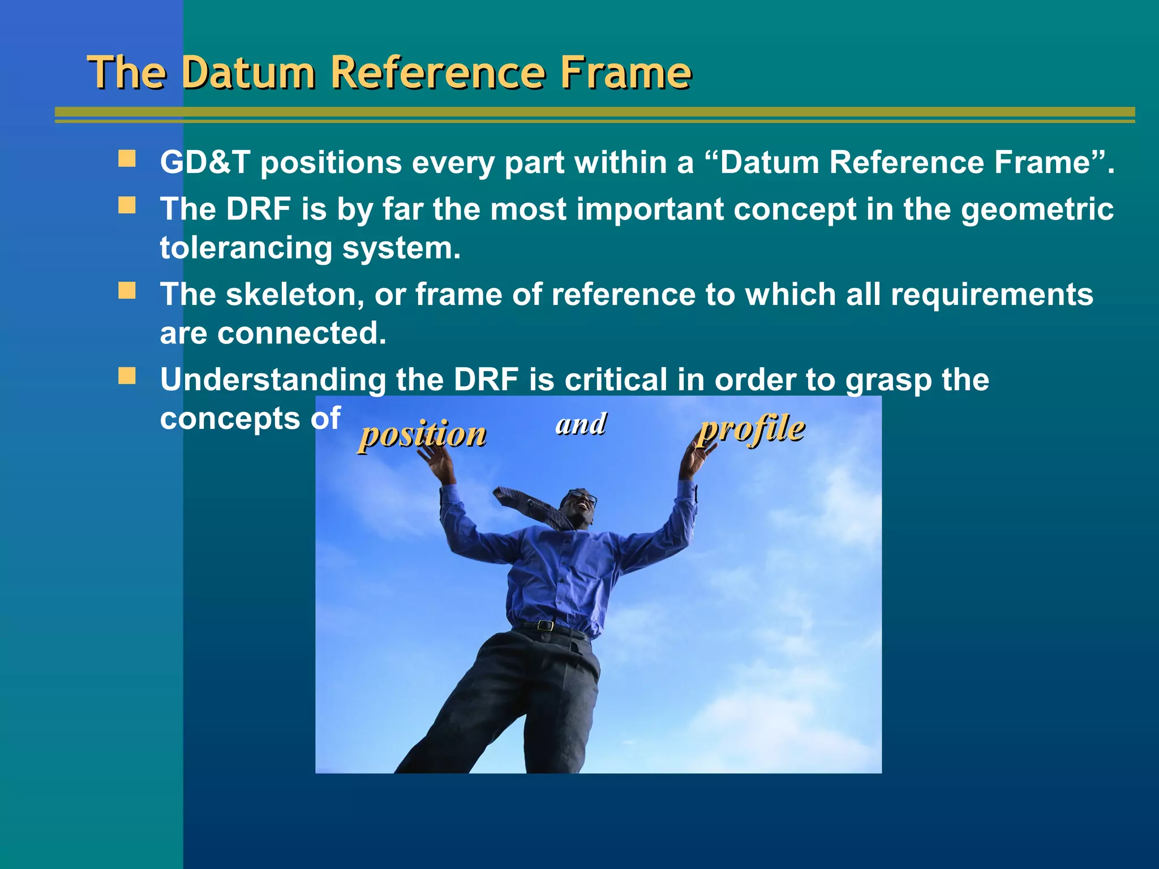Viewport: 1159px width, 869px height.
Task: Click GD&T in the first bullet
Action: pyautogui.click(x=205, y=162)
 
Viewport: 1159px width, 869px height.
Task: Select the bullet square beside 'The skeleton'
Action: pyautogui.click(x=127, y=291)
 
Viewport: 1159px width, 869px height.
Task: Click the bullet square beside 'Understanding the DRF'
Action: pyautogui.click(x=127, y=376)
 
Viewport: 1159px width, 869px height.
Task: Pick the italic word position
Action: pyautogui.click(x=423, y=434)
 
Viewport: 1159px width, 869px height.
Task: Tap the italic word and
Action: pyautogui.click(x=581, y=424)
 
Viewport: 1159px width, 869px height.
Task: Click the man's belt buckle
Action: pyautogui.click(x=545, y=626)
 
